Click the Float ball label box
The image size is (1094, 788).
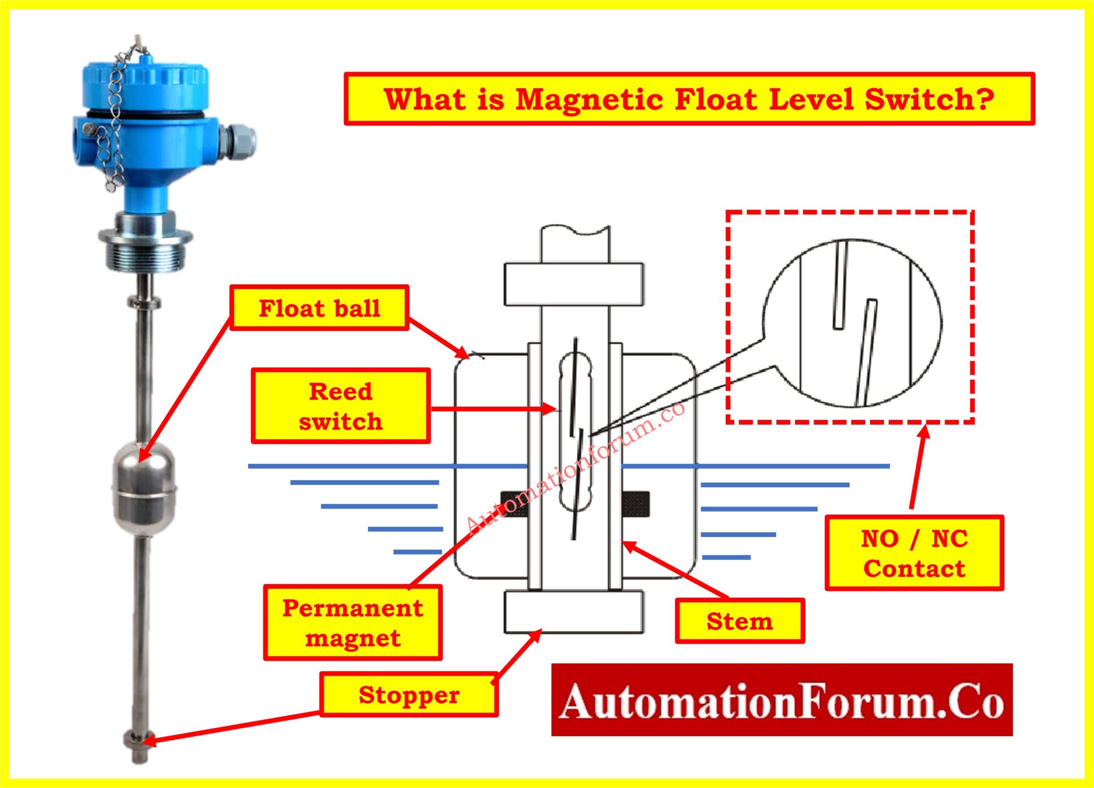point(319,308)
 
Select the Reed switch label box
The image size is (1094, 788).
point(341,405)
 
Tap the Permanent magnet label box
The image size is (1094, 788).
point(353,622)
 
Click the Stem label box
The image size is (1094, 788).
point(740,621)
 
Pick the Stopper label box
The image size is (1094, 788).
point(409,695)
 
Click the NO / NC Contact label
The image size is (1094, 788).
point(914,553)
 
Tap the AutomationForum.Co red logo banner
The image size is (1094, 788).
point(782,700)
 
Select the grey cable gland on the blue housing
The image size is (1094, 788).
point(240,142)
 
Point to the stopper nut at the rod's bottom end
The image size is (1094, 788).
point(138,740)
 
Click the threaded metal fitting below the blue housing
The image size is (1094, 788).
point(145,251)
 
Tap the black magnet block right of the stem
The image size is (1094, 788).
point(636,504)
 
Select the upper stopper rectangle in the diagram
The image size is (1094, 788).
point(574,284)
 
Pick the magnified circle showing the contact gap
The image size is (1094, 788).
point(853,323)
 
